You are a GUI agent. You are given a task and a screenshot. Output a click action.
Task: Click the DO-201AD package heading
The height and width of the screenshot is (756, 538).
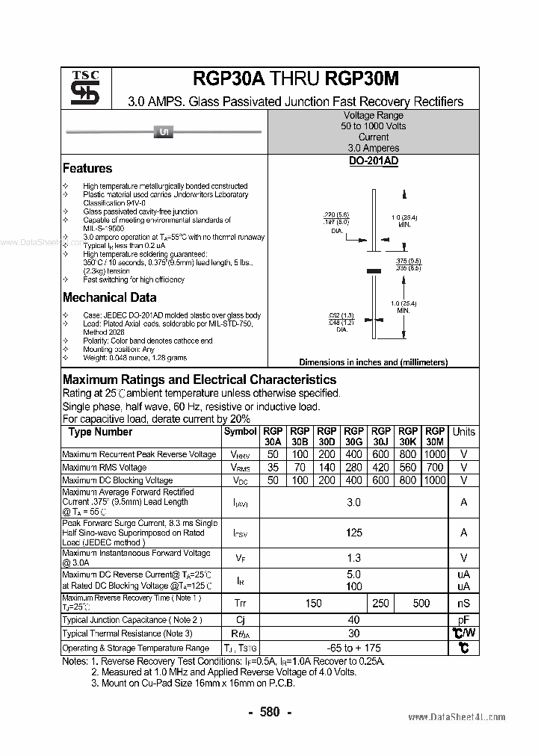pyautogui.click(x=373, y=161)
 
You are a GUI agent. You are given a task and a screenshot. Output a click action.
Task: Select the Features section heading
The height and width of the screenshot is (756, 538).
pyautogui.click(x=87, y=169)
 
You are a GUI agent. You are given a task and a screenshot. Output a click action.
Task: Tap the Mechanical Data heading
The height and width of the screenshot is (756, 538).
pyautogui.click(x=109, y=297)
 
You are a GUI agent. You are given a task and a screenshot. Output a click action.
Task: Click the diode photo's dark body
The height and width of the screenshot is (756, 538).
pyautogui.click(x=163, y=133)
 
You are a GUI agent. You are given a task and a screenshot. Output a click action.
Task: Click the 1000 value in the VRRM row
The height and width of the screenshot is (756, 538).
pyautogui.click(x=434, y=454)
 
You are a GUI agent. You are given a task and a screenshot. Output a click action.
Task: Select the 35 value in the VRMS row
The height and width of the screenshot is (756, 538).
pyautogui.click(x=273, y=468)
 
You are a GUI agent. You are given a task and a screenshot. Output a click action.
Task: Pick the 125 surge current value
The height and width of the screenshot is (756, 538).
pyautogui.click(x=354, y=533)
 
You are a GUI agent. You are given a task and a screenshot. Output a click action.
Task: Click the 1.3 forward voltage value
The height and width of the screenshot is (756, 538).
pyautogui.click(x=354, y=558)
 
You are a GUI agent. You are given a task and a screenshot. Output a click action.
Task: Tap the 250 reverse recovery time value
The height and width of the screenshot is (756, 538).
pyautogui.click(x=380, y=603)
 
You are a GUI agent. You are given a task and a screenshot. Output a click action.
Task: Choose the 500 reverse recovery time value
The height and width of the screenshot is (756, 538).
pyautogui.click(x=421, y=603)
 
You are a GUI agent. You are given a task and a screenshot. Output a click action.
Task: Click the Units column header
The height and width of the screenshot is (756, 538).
pyautogui.click(x=463, y=432)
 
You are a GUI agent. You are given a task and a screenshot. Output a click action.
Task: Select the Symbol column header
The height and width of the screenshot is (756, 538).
pyautogui.click(x=240, y=432)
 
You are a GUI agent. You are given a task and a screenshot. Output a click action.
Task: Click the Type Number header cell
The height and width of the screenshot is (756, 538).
pyautogui.click(x=100, y=432)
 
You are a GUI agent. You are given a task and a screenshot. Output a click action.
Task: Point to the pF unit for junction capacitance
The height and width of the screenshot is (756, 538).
pyautogui.click(x=463, y=620)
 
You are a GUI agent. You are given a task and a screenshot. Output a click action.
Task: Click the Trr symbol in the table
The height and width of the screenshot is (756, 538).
pyautogui.click(x=240, y=603)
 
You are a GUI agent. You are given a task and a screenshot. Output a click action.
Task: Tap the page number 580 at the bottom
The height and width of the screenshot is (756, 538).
pyautogui.click(x=269, y=712)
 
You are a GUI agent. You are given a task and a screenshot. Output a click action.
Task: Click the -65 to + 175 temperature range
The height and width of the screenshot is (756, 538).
pyautogui.click(x=354, y=648)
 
